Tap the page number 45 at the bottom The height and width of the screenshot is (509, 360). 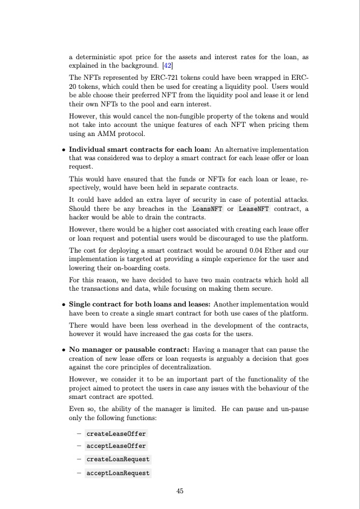[x=180, y=491]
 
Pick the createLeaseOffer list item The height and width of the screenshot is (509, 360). [x=116, y=434]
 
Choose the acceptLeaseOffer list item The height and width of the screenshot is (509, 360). [x=116, y=447]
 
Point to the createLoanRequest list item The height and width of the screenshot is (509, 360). [x=118, y=459]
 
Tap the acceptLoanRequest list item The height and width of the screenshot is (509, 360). [x=118, y=473]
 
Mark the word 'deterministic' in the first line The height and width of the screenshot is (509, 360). [x=94, y=57]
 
